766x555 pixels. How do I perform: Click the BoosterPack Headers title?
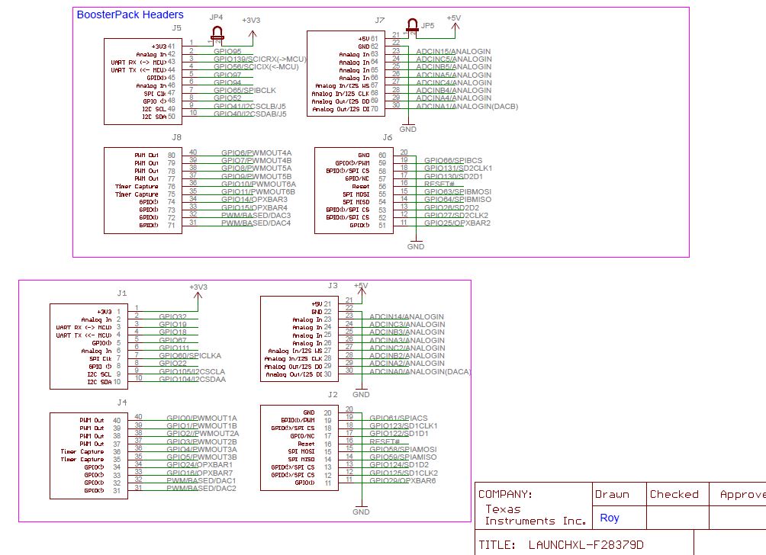click(x=130, y=14)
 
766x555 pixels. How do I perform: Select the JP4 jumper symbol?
click(x=217, y=33)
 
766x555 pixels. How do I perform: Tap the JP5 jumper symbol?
click(x=414, y=27)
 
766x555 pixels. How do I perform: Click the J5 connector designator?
click(x=176, y=27)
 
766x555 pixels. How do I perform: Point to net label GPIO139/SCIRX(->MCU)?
click(x=260, y=59)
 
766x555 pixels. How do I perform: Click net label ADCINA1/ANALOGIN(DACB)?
click(x=467, y=107)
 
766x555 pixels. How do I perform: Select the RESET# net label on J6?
click(x=439, y=184)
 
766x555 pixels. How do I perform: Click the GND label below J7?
click(x=408, y=130)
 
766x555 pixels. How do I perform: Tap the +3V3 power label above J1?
click(x=198, y=287)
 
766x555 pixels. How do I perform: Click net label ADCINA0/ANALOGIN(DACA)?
click(x=420, y=372)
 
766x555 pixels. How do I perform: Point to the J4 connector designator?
click(x=122, y=402)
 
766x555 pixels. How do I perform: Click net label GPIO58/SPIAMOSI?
click(x=403, y=449)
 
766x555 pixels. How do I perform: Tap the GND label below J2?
click(x=361, y=512)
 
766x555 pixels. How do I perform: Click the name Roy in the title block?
click(x=610, y=518)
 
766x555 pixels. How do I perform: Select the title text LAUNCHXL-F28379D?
click(x=585, y=545)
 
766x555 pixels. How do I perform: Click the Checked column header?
click(x=674, y=494)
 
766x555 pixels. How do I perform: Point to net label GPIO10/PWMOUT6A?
click(x=258, y=184)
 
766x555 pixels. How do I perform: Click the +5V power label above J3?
click(x=361, y=286)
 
